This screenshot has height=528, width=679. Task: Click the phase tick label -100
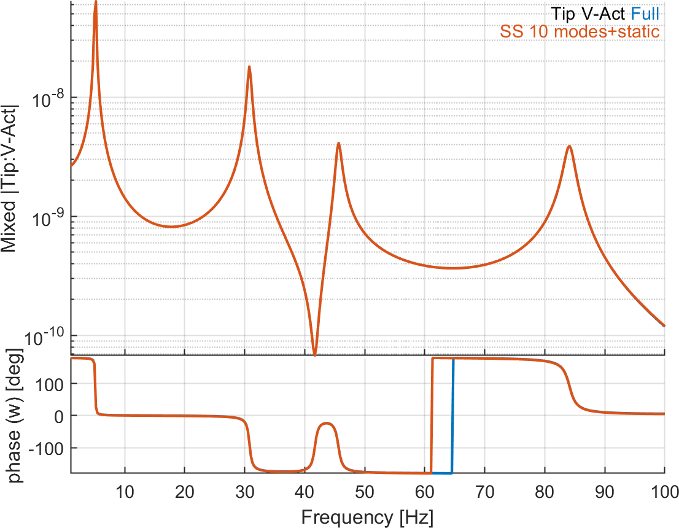point(50,448)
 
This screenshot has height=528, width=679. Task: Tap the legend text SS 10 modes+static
point(580,31)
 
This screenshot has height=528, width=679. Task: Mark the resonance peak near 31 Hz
point(249,67)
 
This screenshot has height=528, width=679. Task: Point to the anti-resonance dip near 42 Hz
point(315,354)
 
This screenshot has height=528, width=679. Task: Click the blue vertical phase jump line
point(452,417)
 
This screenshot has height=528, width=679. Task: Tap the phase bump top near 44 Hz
point(327,424)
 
